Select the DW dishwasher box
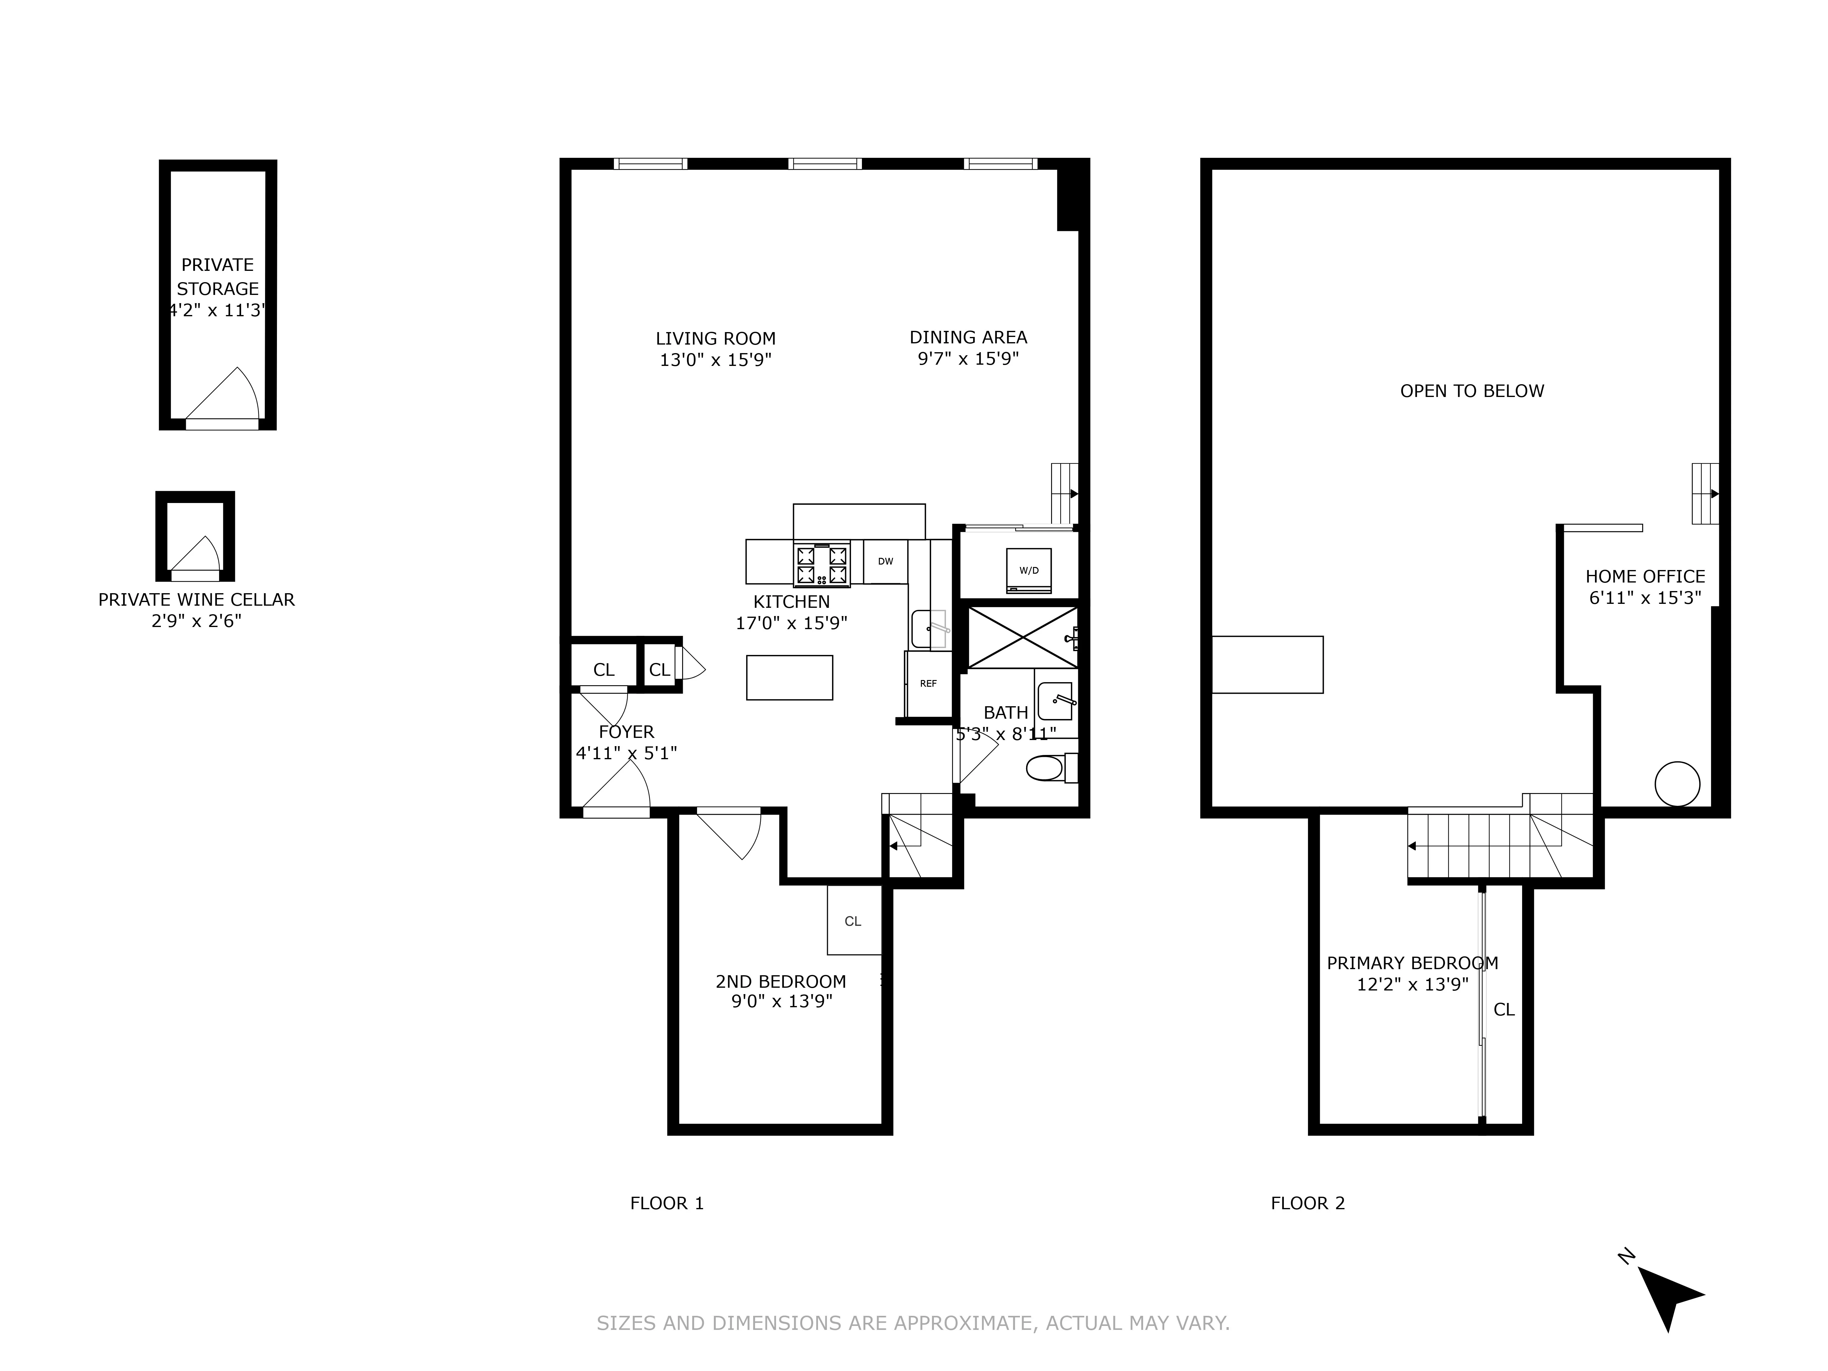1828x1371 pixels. tap(885, 562)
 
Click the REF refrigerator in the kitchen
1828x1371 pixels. tap(928, 684)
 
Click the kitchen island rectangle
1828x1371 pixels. tap(789, 678)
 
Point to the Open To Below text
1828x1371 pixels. tap(1472, 391)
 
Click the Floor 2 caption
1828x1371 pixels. tap(1307, 1203)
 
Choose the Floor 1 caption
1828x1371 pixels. tap(667, 1203)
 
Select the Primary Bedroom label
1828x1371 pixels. tap(1412, 963)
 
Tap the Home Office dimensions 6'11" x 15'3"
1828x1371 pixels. tap(1645, 597)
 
